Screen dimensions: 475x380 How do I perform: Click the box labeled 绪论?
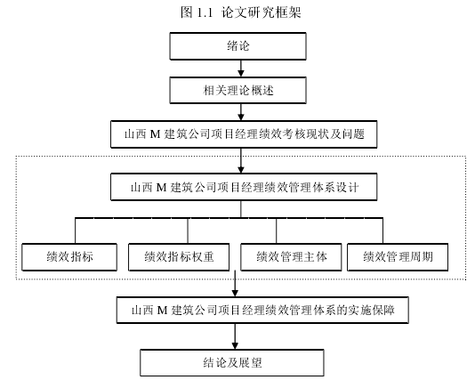pyautogui.click(x=237, y=46)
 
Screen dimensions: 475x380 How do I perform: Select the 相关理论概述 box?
pyautogui.click(x=237, y=90)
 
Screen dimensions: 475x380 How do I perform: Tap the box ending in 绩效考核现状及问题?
pyautogui.click(x=244, y=134)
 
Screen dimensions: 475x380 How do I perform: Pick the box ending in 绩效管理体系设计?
pyautogui.click(x=244, y=187)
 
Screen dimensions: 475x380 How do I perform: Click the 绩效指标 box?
pyautogui.click(x=69, y=257)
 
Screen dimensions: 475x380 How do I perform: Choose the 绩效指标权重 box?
pyautogui.click(x=179, y=257)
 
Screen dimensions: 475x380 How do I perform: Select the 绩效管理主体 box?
pyautogui.click(x=291, y=257)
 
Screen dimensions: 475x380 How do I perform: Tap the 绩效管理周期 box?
pyautogui.click(x=398, y=257)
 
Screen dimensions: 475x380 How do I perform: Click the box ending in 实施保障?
pyautogui.click(x=262, y=310)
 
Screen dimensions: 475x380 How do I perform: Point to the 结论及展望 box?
pyautogui.click(x=232, y=363)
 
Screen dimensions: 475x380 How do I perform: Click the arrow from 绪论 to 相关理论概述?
pyautogui.click(x=241, y=69)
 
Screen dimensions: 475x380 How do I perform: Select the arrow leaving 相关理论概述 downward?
pyautogui.click(x=241, y=112)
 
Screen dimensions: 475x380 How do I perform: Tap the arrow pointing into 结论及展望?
pyautogui.click(x=235, y=336)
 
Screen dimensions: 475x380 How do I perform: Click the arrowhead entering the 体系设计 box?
pyautogui.click(x=241, y=170)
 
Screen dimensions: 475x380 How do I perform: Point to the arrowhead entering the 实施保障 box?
pyautogui.click(x=235, y=293)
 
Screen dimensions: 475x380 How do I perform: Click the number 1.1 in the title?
pyautogui.click(x=205, y=12)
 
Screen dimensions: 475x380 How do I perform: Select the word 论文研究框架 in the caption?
pyautogui.click(x=261, y=12)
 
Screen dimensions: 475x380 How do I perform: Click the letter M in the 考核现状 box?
pyautogui.click(x=155, y=134)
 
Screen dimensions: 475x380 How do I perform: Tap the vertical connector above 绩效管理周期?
pyautogui.click(x=382, y=230)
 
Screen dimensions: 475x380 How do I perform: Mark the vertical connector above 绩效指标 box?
pyautogui.click(x=75, y=230)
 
